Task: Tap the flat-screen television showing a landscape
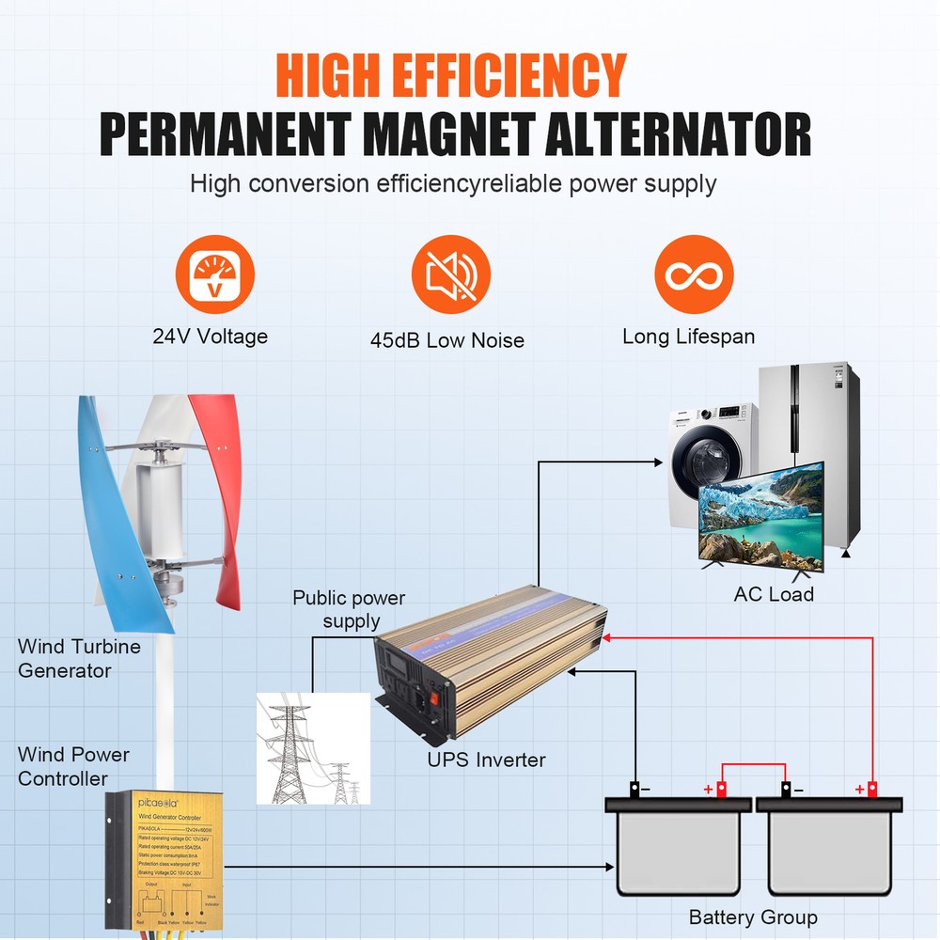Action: [760, 519]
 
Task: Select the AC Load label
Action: [773, 594]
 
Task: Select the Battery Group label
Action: [752, 917]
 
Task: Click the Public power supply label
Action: [349, 609]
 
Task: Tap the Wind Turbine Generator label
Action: [79, 658]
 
